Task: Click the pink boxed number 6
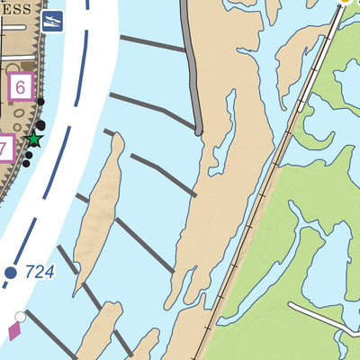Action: click(x=22, y=88)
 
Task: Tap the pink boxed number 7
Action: click(x=4, y=148)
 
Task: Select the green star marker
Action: click(x=34, y=139)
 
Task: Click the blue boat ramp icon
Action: click(x=53, y=19)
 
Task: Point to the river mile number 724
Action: click(x=40, y=270)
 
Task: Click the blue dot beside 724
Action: click(x=11, y=272)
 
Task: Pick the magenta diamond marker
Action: click(x=15, y=332)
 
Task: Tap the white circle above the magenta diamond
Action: click(x=20, y=317)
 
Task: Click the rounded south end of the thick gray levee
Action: click(x=199, y=131)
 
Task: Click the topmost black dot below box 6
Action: click(x=40, y=102)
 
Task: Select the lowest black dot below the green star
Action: click(x=27, y=163)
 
